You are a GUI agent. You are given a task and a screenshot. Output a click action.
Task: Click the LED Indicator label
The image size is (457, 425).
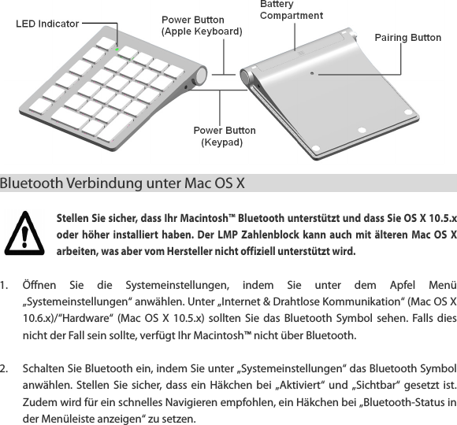click(x=48, y=24)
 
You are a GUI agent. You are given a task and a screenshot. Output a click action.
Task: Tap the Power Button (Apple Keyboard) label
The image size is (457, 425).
click(x=201, y=25)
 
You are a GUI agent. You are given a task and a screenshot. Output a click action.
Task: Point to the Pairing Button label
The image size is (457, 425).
click(x=407, y=38)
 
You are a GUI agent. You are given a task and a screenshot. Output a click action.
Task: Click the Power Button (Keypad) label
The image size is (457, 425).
click(x=225, y=136)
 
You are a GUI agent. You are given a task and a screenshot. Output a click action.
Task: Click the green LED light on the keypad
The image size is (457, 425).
click(x=117, y=49)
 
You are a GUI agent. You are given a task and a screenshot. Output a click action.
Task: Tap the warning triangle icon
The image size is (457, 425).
click(x=28, y=231)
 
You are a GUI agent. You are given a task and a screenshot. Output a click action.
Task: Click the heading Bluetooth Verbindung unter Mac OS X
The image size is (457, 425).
click(x=123, y=185)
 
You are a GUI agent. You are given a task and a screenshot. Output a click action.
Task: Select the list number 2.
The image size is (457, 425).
click(x=6, y=368)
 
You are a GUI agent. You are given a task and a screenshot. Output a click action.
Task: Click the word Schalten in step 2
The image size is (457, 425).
click(x=46, y=368)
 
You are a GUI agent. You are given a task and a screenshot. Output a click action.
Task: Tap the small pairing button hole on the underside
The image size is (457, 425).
click(x=313, y=73)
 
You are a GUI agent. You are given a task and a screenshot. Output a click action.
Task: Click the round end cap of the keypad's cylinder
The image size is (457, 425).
click(x=199, y=76)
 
